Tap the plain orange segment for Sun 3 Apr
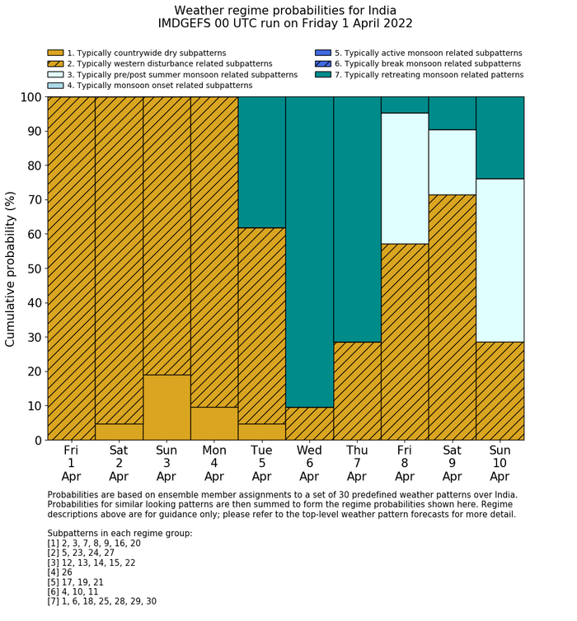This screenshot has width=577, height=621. (167, 407)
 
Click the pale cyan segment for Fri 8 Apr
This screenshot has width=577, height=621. (404, 178)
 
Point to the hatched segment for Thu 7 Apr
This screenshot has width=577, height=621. (357, 390)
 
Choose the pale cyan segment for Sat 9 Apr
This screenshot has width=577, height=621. (452, 162)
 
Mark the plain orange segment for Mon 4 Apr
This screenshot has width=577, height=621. (214, 423)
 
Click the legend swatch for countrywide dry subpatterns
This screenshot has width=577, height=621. (55, 53)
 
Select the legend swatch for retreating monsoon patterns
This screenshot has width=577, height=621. (322, 74)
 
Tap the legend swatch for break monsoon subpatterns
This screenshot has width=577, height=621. (322, 63)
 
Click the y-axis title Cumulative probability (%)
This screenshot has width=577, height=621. (12, 268)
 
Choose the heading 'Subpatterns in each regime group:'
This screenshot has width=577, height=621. (120, 534)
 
